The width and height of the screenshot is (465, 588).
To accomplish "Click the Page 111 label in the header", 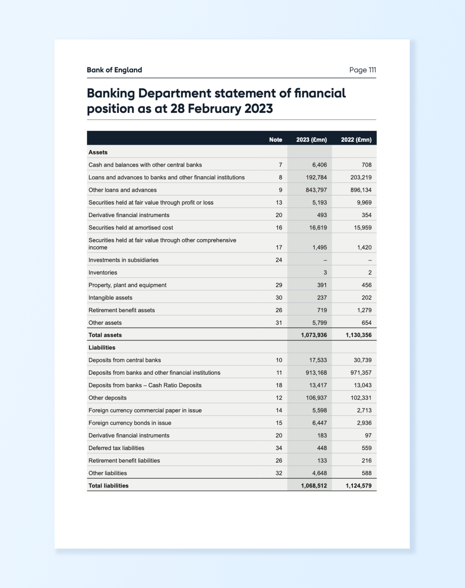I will pos(362,70).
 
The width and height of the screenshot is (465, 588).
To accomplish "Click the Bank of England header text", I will pos(114,70).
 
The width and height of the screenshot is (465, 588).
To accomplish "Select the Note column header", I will pos(275,140).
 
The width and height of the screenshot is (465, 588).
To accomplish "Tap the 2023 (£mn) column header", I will pos(311,140).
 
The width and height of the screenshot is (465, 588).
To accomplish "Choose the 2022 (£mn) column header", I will pos(356,140).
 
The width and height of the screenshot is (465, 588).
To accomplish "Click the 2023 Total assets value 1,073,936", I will pos(314,335).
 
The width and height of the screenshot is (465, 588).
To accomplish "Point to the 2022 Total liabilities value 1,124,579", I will pos(358,486).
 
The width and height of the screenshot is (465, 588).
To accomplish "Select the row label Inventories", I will pos(103,272).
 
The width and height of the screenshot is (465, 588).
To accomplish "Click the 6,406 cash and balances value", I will pos(319,165).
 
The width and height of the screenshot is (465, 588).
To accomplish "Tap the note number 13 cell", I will pos(279,202).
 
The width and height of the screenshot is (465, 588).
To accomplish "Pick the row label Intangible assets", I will pos(110,297).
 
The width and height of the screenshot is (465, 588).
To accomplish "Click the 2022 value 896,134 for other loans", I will pos(361,190).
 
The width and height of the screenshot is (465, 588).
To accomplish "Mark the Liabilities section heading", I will pos(102,347).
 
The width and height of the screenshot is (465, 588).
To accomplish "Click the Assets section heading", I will pos(98,152).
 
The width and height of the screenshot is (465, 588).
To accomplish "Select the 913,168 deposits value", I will pos(316,372).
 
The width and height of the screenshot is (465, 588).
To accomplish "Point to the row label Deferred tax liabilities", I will pos(116,448).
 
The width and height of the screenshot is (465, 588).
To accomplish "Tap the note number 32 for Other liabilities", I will pos(279,473).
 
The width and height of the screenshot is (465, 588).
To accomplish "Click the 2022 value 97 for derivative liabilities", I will pos(368,435).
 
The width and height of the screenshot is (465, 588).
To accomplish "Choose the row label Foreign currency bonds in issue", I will pos(130,423).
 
